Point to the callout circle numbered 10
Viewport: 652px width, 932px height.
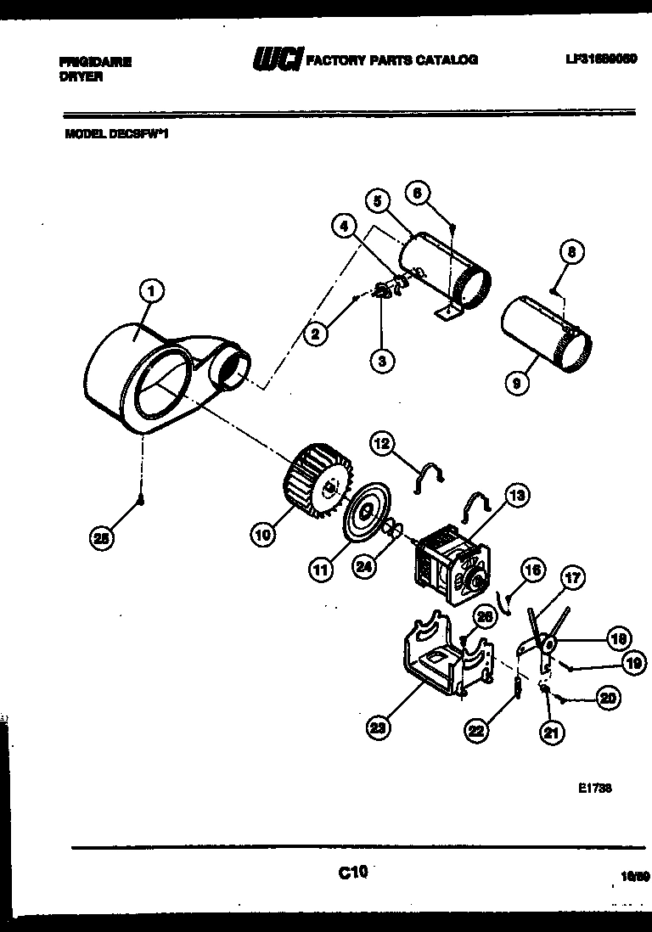262,534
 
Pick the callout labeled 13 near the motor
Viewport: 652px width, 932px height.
515,495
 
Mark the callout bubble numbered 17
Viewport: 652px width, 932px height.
573,579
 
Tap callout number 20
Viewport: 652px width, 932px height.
607,699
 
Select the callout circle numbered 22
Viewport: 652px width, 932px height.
476,728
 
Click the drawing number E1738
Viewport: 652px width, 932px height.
595,787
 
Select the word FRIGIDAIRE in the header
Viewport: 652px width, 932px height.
96,62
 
